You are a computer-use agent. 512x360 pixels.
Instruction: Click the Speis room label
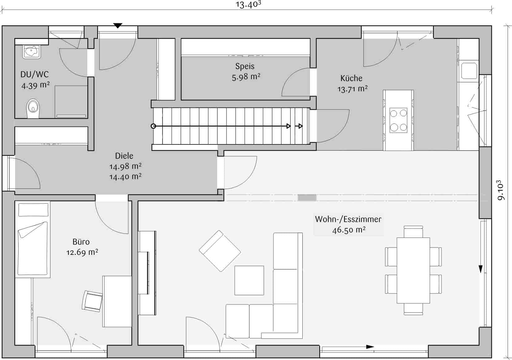[x=245, y=66]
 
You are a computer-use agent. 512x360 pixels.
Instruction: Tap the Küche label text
[x=351, y=78]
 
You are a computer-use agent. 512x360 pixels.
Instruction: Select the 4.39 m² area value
[x=35, y=85]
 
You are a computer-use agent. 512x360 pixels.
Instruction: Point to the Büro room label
[x=81, y=242]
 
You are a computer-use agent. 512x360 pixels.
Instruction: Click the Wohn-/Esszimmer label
[x=348, y=219]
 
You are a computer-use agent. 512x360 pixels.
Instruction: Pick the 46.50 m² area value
[x=349, y=230]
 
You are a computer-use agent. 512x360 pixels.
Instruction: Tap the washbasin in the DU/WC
[x=31, y=52]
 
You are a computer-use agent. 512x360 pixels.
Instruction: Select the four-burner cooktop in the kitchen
[x=398, y=120]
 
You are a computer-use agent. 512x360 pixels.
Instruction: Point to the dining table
[x=413, y=270]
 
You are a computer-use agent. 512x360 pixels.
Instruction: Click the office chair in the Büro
[x=92, y=301]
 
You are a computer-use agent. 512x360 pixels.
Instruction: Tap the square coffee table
[x=249, y=280]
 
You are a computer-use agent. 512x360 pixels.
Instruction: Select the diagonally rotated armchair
[x=220, y=251]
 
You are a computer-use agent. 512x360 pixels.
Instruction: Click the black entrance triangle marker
[x=118, y=26]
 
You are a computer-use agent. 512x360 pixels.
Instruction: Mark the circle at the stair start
[x=153, y=126]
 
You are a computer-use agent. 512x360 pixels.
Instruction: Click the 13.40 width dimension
[x=248, y=4]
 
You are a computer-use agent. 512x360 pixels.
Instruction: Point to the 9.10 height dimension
[x=501, y=190]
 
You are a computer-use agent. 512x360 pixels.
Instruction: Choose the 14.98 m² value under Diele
[x=125, y=166]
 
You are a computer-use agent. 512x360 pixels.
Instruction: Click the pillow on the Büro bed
[x=33, y=210]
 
